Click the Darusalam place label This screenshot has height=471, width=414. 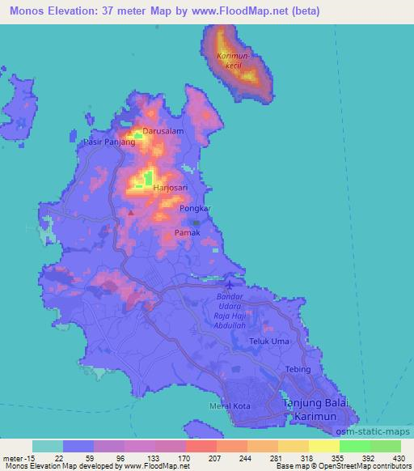click(163, 130)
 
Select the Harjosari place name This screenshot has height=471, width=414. click(171, 187)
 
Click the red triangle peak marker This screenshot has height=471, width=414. click(131, 213)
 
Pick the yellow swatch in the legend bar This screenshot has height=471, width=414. click(323, 446)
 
